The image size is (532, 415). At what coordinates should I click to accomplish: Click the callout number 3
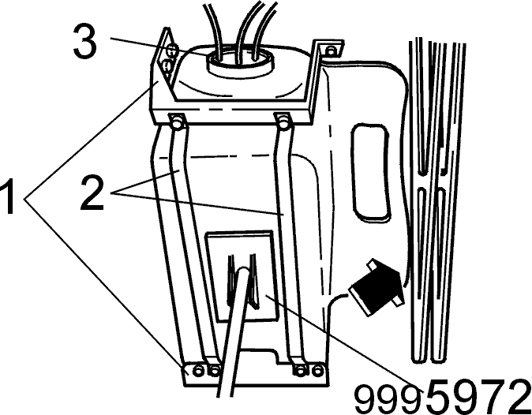click(84, 43)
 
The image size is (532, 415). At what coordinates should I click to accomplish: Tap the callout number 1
click(7, 197)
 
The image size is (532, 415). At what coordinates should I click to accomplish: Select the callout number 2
click(92, 193)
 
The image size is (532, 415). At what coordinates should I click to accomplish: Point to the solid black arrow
click(376, 287)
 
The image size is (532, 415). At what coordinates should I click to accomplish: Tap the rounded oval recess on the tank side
click(370, 172)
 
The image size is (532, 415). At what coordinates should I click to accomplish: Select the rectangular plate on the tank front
click(242, 276)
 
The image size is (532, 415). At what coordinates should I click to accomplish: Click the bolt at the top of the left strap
click(177, 122)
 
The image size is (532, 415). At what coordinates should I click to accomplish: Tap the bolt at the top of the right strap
click(283, 122)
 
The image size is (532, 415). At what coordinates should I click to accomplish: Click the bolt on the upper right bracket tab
click(330, 50)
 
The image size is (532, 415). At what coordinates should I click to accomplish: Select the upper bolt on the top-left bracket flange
click(172, 50)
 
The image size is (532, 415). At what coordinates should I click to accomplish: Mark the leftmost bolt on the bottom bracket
click(197, 371)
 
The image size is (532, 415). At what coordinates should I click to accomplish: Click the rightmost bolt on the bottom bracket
click(317, 370)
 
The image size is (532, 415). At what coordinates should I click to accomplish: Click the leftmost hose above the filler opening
click(215, 29)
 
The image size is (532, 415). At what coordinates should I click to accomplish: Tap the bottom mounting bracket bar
click(256, 375)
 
